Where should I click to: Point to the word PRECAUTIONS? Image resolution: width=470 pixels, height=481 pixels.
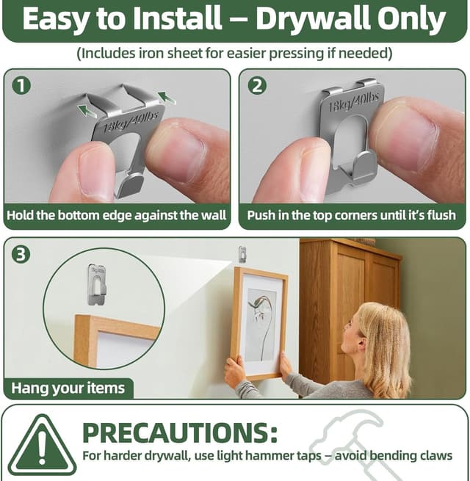pyautogui.click(x=180, y=433)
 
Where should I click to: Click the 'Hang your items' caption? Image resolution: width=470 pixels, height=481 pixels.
pyautogui.click(x=68, y=387)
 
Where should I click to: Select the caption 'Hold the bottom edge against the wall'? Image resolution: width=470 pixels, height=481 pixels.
pyautogui.click(x=117, y=216)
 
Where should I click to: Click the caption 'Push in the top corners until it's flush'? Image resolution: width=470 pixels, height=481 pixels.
pyautogui.click(x=352, y=216)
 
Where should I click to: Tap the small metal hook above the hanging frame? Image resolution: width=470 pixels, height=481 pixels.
pyautogui.click(x=242, y=254)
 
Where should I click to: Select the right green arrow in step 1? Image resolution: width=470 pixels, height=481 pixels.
pyautogui.click(x=167, y=96)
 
